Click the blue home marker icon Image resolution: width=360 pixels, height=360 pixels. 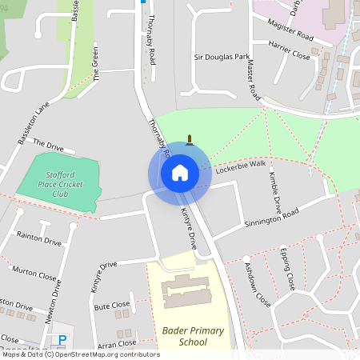pos(179,173)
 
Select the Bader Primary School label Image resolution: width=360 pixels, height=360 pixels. pos(184,336)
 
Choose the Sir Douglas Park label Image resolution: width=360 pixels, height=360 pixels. pos(221,58)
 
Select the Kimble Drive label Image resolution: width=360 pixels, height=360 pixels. pos(275,190)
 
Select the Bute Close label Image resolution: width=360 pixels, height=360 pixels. pos(111,306)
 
